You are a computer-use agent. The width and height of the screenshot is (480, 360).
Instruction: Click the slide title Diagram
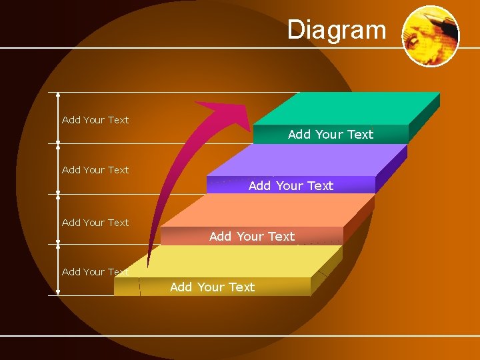(337, 30)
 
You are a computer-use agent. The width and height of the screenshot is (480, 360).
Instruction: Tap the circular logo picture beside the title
(431, 36)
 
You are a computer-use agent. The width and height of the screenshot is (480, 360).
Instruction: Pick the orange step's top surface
(267, 211)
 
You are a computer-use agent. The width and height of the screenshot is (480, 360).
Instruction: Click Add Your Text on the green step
(330, 135)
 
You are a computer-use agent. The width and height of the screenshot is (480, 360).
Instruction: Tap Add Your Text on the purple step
(291, 186)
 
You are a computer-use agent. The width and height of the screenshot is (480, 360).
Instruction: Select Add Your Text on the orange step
(252, 237)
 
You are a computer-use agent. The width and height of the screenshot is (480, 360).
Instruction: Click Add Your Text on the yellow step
(212, 287)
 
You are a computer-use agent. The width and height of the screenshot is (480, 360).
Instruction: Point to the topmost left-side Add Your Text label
(95, 120)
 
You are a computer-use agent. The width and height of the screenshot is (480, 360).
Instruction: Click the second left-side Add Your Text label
(95, 170)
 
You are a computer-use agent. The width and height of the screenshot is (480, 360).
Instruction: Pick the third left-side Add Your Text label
(95, 223)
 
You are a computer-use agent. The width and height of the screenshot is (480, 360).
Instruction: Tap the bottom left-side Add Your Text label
(95, 272)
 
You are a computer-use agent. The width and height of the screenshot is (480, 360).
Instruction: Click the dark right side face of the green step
(424, 117)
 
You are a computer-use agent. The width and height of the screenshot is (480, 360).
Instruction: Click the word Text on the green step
(360, 135)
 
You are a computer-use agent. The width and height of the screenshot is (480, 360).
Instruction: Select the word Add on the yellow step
(181, 287)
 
